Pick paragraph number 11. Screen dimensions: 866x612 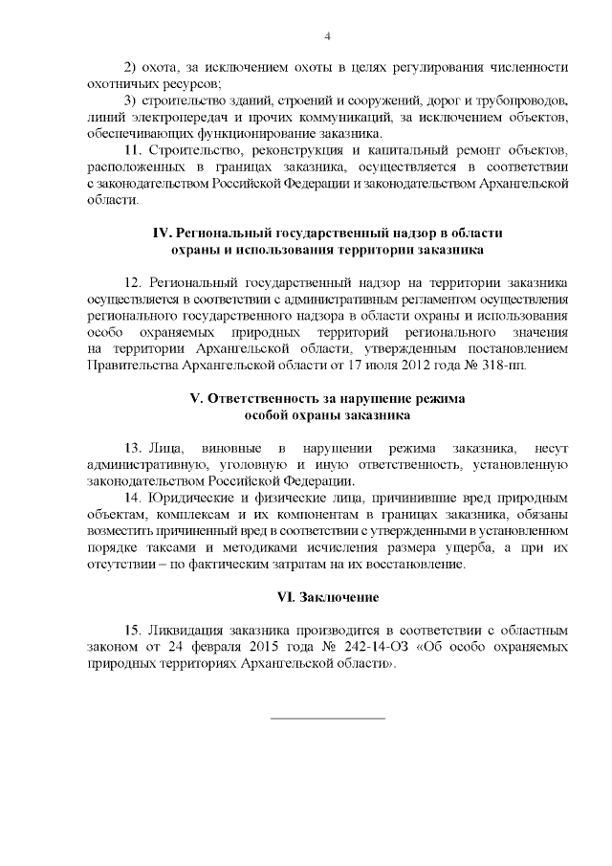tap(133, 150)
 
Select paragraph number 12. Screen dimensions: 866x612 tap(134, 282)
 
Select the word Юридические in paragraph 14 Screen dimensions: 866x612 tap(188, 498)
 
